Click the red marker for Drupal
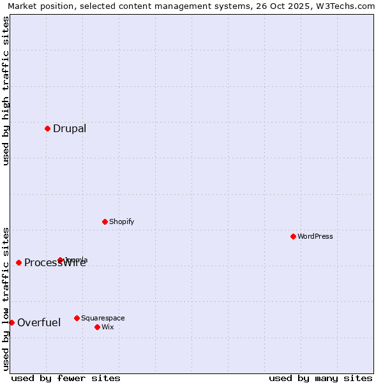[x=47, y=128]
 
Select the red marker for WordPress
[x=293, y=236]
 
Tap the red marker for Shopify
[x=105, y=222]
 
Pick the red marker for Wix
[x=97, y=327]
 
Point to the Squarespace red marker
[x=77, y=318]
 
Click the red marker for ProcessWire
[x=19, y=262]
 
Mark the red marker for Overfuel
[x=11, y=322]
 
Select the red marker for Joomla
[x=61, y=260]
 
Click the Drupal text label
[x=70, y=129]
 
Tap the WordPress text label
[x=315, y=237]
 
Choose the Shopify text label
[x=121, y=222]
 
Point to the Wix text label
[x=108, y=327]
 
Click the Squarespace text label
[x=103, y=319]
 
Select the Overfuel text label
[x=39, y=323]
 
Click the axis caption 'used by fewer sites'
[x=66, y=378]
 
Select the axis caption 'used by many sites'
[x=320, y=378]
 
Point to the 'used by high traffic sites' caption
[x=6, y=91]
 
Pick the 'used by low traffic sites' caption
[x=6, y=298]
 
